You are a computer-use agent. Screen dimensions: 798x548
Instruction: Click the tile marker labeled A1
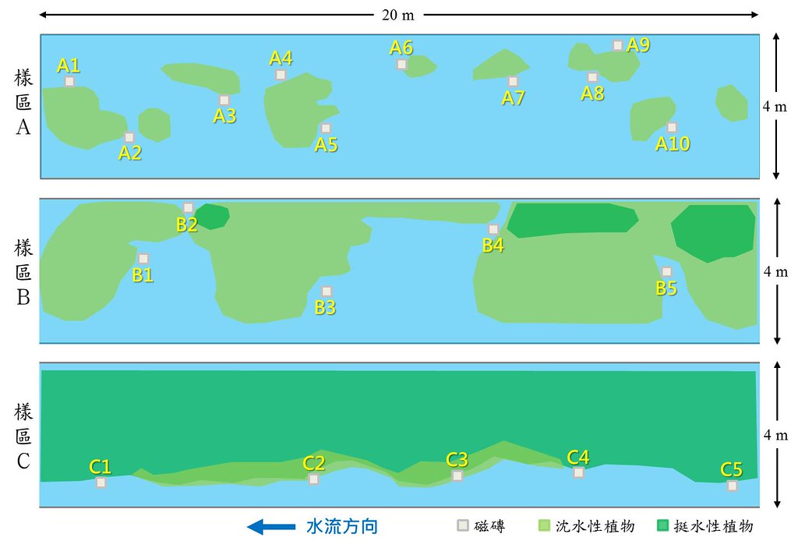(69, 82)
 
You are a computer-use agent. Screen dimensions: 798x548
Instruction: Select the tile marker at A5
(326, 129)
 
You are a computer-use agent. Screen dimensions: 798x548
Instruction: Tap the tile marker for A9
(617, 45)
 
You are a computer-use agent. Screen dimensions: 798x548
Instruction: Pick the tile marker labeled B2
(189, 208)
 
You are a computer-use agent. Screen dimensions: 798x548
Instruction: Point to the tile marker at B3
(327, 292)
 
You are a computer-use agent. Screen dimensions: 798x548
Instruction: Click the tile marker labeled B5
(667, 272)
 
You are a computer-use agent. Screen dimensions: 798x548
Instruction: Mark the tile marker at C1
(101, 483)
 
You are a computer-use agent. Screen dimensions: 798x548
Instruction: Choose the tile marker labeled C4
(579, 472)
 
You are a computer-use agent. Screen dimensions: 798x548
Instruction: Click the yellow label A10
(673, 143)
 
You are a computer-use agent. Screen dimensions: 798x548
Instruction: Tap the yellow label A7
(513, 97)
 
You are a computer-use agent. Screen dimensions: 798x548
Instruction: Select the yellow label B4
(493, 246)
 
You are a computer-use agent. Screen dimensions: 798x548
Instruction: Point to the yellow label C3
(457, 460)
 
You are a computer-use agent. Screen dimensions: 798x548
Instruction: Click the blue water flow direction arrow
(271, 527)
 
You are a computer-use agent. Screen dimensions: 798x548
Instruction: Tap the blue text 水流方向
(342, 527)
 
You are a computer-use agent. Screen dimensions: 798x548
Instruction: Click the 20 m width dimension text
(398, 15)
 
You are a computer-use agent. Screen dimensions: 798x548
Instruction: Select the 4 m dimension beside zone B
(775, 271)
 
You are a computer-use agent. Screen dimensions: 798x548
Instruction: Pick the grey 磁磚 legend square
(463, 525)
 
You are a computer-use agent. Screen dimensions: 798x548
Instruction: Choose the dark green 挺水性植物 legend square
(662, 525)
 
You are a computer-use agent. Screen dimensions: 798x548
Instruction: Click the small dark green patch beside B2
(212, 217)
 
